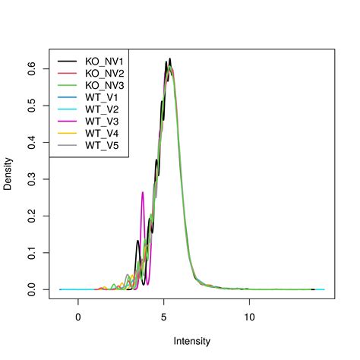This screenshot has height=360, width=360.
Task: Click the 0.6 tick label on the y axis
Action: (33, 68)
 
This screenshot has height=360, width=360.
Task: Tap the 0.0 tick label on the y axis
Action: (33, 289)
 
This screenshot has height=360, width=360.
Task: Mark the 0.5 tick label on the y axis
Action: (33, 105)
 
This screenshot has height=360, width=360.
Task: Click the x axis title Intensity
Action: (192, 341)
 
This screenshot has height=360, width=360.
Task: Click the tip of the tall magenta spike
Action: (142, 192)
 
